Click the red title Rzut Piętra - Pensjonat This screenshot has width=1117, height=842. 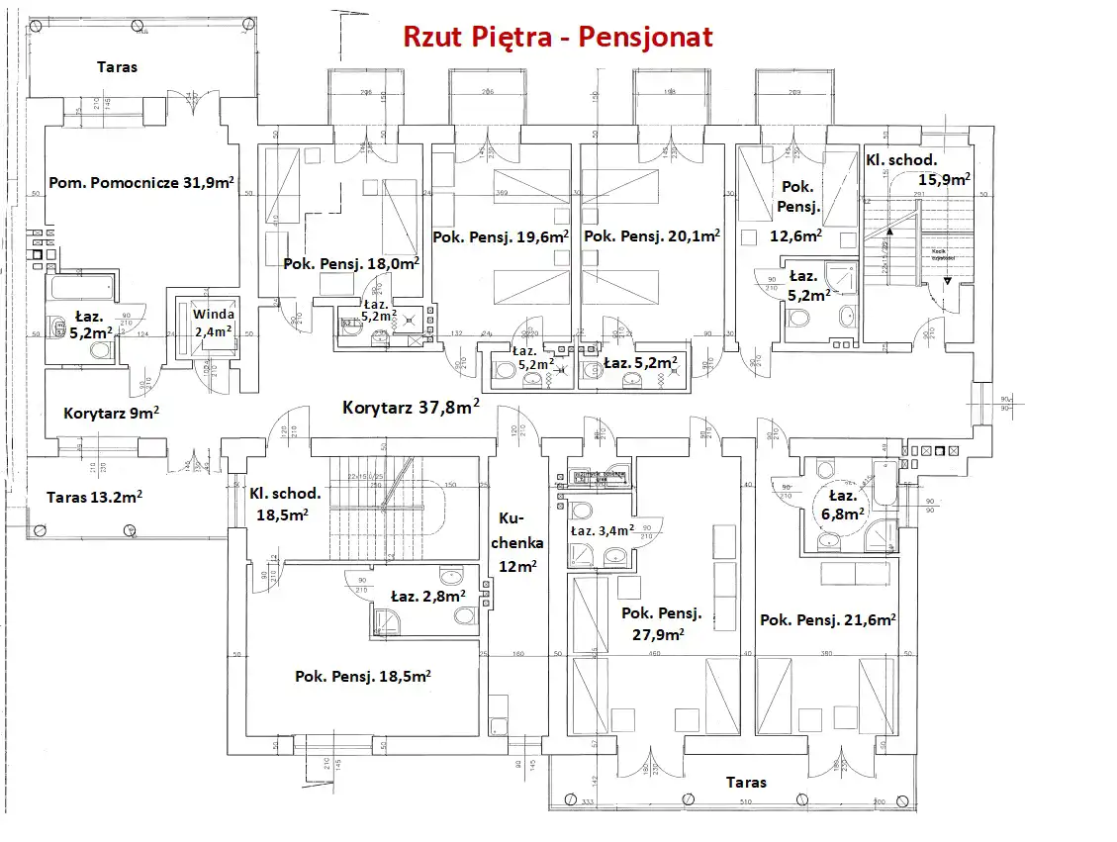coord(557,37)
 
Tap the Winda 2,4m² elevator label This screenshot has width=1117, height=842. coord(214,323)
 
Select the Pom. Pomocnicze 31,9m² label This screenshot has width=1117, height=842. coord(141,183)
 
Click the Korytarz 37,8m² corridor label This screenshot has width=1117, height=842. coord(412,407)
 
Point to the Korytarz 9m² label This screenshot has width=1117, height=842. coord(112,413)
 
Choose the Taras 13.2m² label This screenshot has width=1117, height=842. coord(94,497)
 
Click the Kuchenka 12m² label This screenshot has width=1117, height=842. coord(518,541)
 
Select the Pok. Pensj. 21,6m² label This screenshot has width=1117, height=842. coord(828,619)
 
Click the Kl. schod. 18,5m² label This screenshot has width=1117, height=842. coord(285,503)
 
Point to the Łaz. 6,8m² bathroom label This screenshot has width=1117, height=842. coord(843,504)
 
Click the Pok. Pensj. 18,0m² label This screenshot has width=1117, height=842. coord(351,263)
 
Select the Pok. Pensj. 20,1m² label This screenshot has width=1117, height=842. coord(651,236)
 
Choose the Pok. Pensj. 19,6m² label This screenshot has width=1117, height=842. coord(501,236)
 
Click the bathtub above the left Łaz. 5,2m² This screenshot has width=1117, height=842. coord(82,289)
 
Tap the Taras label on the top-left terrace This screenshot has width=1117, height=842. coord(117,67)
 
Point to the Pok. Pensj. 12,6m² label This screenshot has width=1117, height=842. coord(797,211)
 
